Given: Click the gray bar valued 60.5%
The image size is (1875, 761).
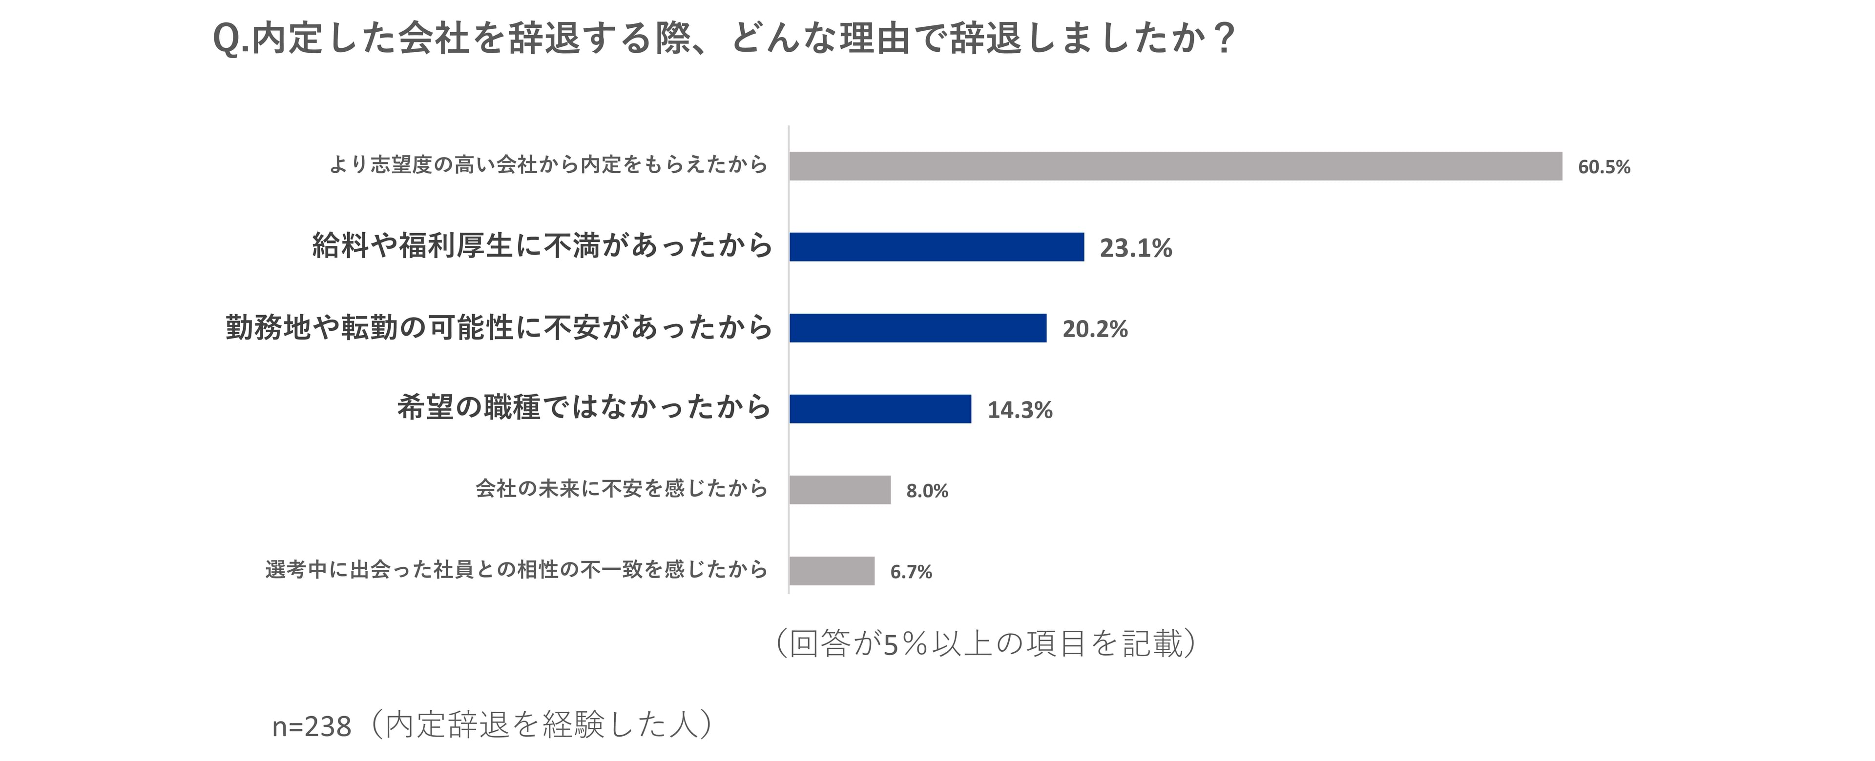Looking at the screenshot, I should click(x=1175, y=166).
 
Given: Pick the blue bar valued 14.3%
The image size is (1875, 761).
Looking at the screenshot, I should click(x=879, y=409).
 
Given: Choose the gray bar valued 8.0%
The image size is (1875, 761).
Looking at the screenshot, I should click(x=839, y=490).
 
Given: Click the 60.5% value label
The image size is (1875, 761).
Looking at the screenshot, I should click(x=1604, y=167).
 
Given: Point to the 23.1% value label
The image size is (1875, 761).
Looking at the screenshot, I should click(x=1135, y=248).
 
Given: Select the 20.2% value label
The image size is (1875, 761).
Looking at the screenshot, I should click(x=1095, y=329).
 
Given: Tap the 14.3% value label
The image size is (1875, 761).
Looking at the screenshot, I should click(x=1019, y=410).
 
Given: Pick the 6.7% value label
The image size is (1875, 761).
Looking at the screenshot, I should click(x=911, y=572).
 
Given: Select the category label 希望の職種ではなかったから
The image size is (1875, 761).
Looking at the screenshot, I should click(x=584, y=407).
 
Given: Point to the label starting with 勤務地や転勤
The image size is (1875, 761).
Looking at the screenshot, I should click(x=499, y=327).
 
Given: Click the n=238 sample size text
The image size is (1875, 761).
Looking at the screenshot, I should click(x=312, y=726).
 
